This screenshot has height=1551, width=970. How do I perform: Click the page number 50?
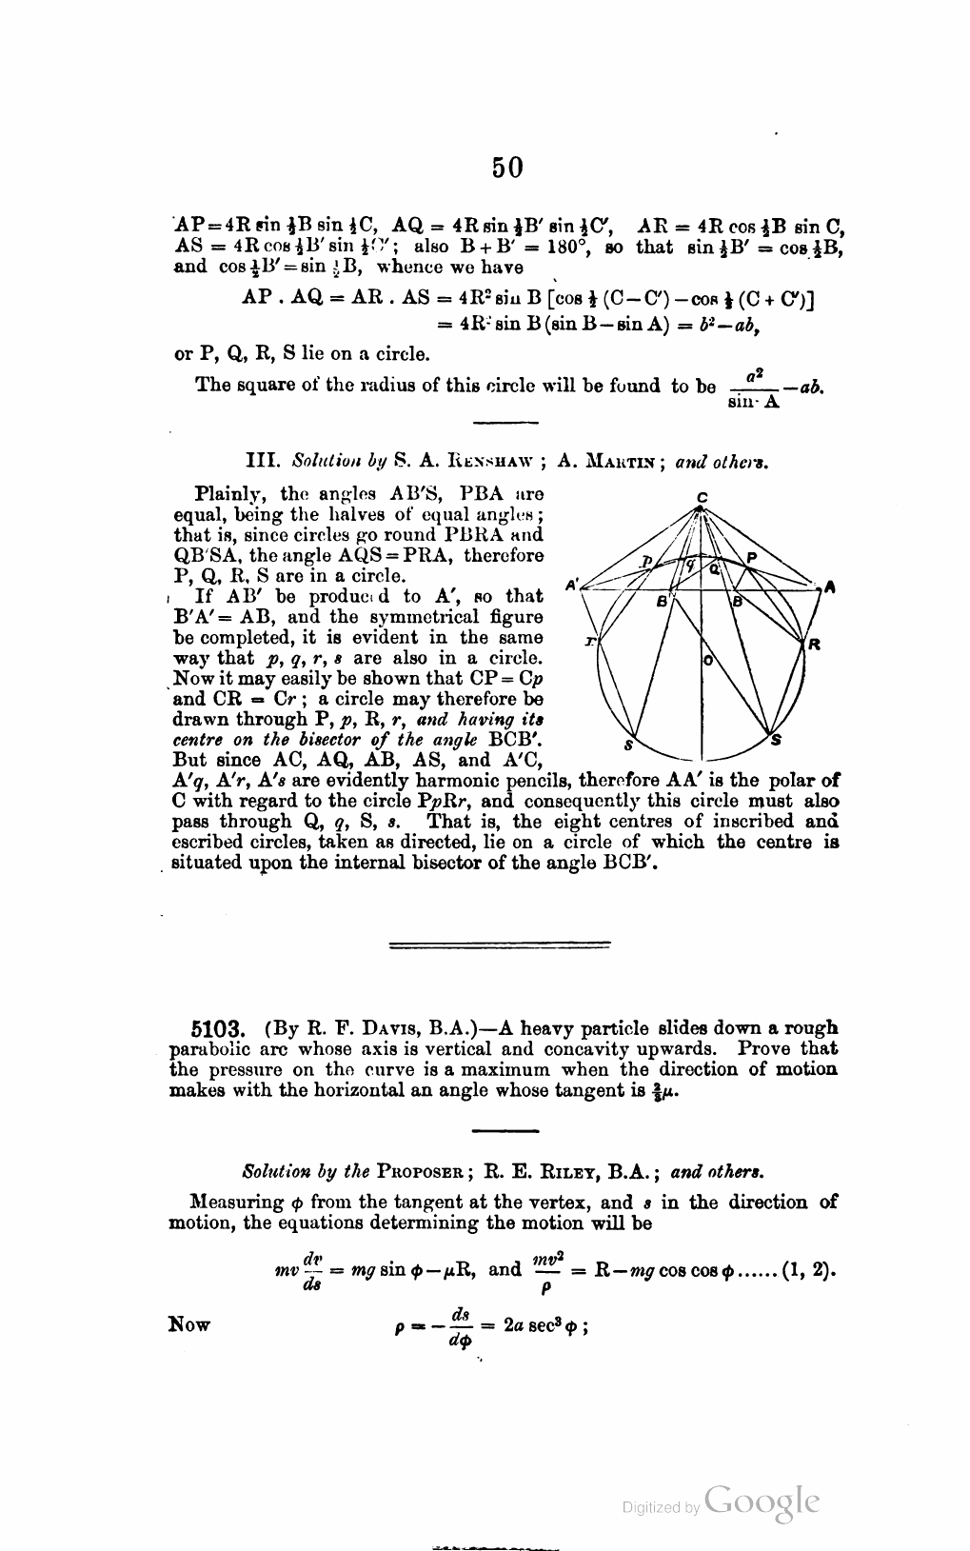point(507,168)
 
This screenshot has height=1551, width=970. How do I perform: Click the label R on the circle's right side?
point(814,645)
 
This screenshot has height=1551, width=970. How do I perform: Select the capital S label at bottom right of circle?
point(776,740)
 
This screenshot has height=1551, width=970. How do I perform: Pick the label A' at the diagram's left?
point(574,584)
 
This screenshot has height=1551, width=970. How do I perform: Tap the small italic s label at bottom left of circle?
point(628,744)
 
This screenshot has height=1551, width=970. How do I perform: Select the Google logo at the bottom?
point(762,1501)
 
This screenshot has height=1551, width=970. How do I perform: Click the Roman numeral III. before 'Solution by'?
point(261,464)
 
